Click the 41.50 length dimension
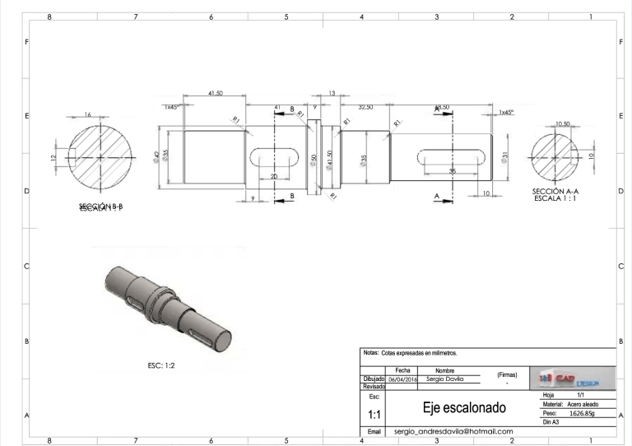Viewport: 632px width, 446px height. [215, 94]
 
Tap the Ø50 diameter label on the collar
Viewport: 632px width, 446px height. [313, 158]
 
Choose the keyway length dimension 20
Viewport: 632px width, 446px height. [273, 177]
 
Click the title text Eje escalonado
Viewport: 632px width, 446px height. [463, 408]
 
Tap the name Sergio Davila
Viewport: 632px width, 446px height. [445, 379]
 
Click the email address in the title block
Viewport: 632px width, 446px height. [453, 431]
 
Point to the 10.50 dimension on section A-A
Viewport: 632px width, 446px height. [563, 124]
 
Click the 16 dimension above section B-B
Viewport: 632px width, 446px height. [87, 115]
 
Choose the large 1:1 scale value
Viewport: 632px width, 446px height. [374, 416]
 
